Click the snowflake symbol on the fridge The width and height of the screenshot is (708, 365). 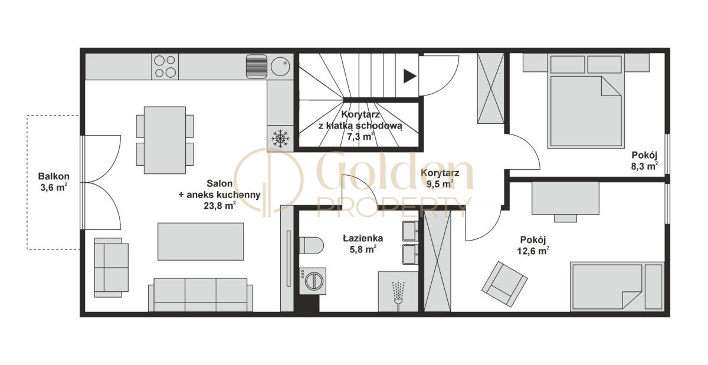point(280,138)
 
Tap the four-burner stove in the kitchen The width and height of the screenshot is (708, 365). point(165,67)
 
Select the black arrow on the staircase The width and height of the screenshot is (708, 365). point(410,76)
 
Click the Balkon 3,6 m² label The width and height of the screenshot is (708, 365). point(54,182)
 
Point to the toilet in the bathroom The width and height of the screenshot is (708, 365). point(312,245)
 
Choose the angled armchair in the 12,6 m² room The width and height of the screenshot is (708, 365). point(504,284)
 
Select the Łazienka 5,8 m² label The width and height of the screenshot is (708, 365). point(363,244)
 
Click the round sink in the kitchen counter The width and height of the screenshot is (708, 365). point(280,67)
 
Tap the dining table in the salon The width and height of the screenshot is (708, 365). point(165,140)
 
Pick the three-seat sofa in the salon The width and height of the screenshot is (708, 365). point(201,295)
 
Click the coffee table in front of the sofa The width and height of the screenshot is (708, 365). point(201,241)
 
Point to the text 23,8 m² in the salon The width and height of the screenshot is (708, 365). point(219,206)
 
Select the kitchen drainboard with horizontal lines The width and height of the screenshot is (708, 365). point(256,66)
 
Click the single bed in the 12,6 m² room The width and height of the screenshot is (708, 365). point(617,287)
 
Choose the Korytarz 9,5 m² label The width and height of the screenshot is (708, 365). point(440,179)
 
